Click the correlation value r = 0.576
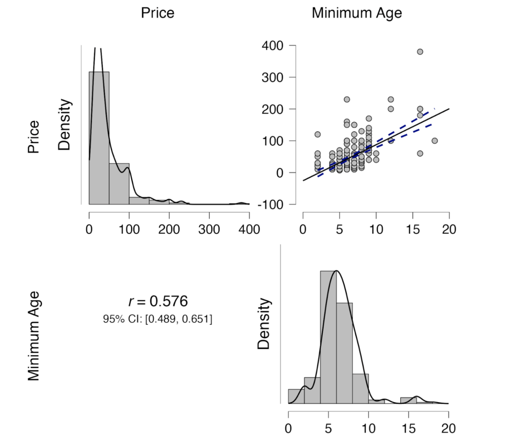[158, 301]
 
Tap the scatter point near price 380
[420, 52]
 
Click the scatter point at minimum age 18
[435, 141]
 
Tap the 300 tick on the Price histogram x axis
[209, 229]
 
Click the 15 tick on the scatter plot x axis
[413, 229]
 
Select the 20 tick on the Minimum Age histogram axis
[448, 428]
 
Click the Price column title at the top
[158, 13]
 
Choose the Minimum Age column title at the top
[357, 13]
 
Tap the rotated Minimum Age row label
[33, 337]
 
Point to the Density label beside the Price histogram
[65, 125]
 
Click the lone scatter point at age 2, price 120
[317, 134]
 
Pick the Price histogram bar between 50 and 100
[119, 184]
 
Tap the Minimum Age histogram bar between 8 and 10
[360, 388]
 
